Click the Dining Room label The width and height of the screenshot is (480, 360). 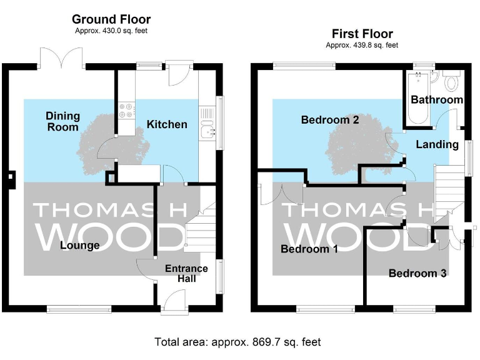click(62, 121)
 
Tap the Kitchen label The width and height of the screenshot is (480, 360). click(166, 124)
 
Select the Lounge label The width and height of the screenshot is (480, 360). click(79, 246)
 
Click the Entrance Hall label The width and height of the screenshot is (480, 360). click(186, 273)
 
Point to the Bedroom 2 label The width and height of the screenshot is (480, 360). click(329, 119)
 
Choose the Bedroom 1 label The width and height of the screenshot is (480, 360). click(309, 249)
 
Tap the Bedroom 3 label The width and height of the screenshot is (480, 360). click(417, 273)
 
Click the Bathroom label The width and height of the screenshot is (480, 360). click(436, 99)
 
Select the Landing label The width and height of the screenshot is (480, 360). click(437, 144)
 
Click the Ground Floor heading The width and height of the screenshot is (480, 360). click(111, 20)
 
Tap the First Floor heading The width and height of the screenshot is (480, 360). click(362, 34)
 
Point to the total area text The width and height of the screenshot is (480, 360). click(237, 342)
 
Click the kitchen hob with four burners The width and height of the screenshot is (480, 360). click(125, 111)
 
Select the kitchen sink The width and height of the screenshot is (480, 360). click(207, 129)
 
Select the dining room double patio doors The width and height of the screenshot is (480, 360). click(61, 59)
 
